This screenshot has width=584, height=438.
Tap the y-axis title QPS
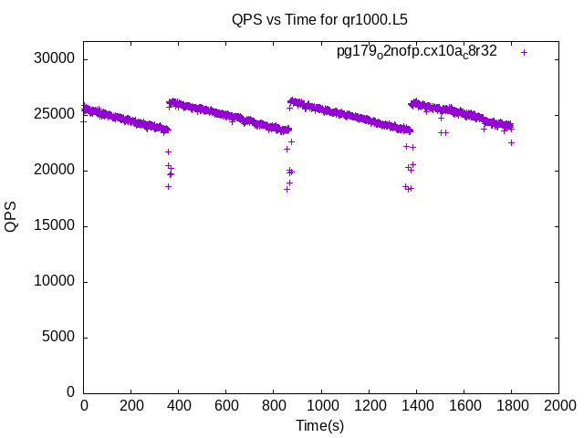[11, 216]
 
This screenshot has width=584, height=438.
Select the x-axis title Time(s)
[320, 425]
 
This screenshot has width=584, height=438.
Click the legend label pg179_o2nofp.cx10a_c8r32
[416, 52]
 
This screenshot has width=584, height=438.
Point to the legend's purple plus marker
[524, 52]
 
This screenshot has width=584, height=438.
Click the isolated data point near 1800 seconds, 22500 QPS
[511, 142]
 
